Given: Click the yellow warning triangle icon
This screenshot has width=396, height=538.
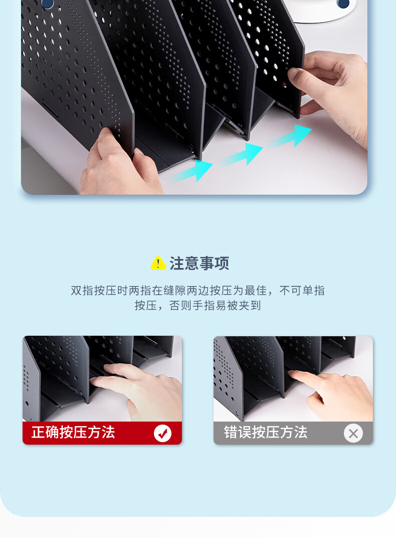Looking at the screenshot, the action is click(158, 263).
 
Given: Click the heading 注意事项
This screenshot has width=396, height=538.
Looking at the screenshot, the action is click(200, 263).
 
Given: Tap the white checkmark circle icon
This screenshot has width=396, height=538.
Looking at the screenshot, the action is click(163, 433).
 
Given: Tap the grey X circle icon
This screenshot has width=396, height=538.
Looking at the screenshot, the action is click(353, 433).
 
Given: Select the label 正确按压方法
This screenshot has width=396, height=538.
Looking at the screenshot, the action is click(73, 432).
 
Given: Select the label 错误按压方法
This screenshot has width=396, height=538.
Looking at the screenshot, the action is click(266, 432).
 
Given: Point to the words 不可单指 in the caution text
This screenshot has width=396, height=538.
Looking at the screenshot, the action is click(302, 291).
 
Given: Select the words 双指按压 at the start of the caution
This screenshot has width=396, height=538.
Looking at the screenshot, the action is click(94, 291).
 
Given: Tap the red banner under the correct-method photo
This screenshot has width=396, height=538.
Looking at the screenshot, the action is click(102, 433).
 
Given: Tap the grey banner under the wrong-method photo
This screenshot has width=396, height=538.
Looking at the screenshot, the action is click(293, 433).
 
